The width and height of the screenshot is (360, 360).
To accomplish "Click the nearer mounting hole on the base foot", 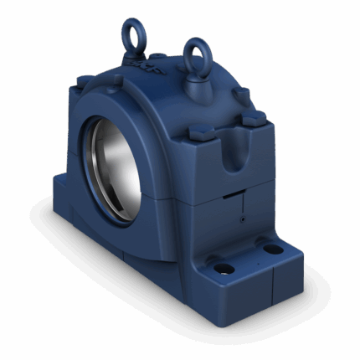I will [225, 270].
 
